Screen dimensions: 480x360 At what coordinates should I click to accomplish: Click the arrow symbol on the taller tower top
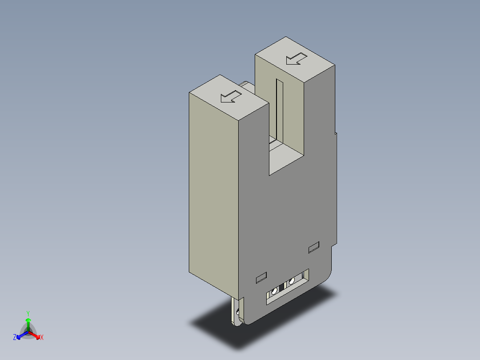(x=297, y=58)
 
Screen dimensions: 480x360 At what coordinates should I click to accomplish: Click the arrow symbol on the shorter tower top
(x=231, y=96)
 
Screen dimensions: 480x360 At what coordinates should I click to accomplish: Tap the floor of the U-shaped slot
(x=285, y=156)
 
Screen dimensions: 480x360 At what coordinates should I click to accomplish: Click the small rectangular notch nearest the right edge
(x=314, y=246)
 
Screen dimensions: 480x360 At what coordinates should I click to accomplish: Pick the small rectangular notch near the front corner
(x=261, y=278)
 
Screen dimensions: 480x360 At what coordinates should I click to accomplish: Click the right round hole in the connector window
(x=292, y=281)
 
